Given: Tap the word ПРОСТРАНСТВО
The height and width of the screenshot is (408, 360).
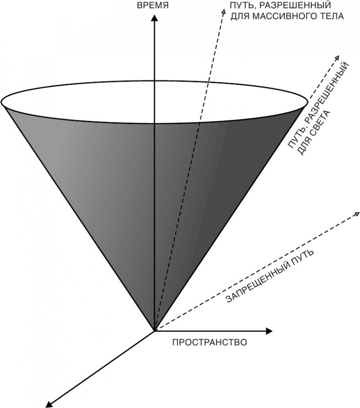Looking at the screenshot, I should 209,342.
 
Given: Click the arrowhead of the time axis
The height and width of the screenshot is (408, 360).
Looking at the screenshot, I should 155,18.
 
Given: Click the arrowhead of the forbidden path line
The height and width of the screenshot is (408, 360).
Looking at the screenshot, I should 355,213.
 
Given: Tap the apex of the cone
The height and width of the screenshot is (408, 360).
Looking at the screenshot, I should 154,330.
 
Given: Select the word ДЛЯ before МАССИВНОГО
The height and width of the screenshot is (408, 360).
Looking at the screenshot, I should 241,17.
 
